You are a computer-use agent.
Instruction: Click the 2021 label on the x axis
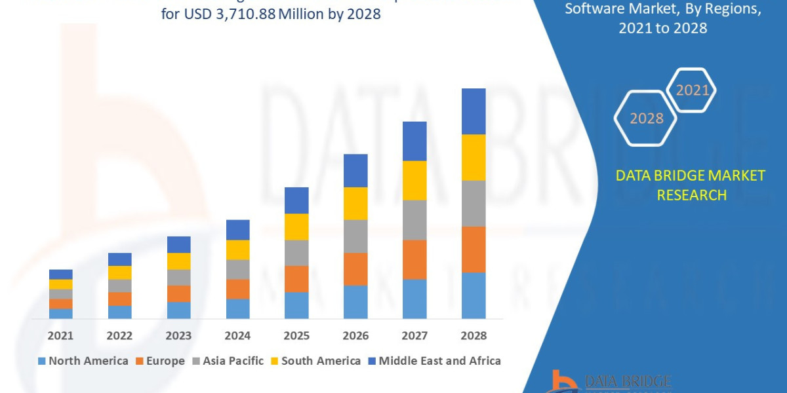tap(60, 335)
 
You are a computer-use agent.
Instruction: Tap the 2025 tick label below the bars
tap(296, 335)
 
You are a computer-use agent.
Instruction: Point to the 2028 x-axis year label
tap(474, 335)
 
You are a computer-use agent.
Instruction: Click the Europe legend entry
tap(161, 361)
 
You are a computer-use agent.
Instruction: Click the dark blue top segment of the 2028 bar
tap(474, 111)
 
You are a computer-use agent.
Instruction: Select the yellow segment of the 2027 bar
tap(414, 180)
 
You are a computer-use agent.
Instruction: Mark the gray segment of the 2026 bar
tap(355, 236)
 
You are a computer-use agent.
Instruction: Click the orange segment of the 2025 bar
tap(296, 278)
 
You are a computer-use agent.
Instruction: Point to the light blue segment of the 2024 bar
tap(237, 309)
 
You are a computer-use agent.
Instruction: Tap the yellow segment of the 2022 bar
tap(119, 272)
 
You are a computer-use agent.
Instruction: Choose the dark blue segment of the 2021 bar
tap(60, 274)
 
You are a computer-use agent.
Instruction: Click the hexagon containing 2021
tap(691, 90)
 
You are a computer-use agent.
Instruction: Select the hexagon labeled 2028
tap(646, 119)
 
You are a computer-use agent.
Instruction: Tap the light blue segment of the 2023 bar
tap(178, 310)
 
